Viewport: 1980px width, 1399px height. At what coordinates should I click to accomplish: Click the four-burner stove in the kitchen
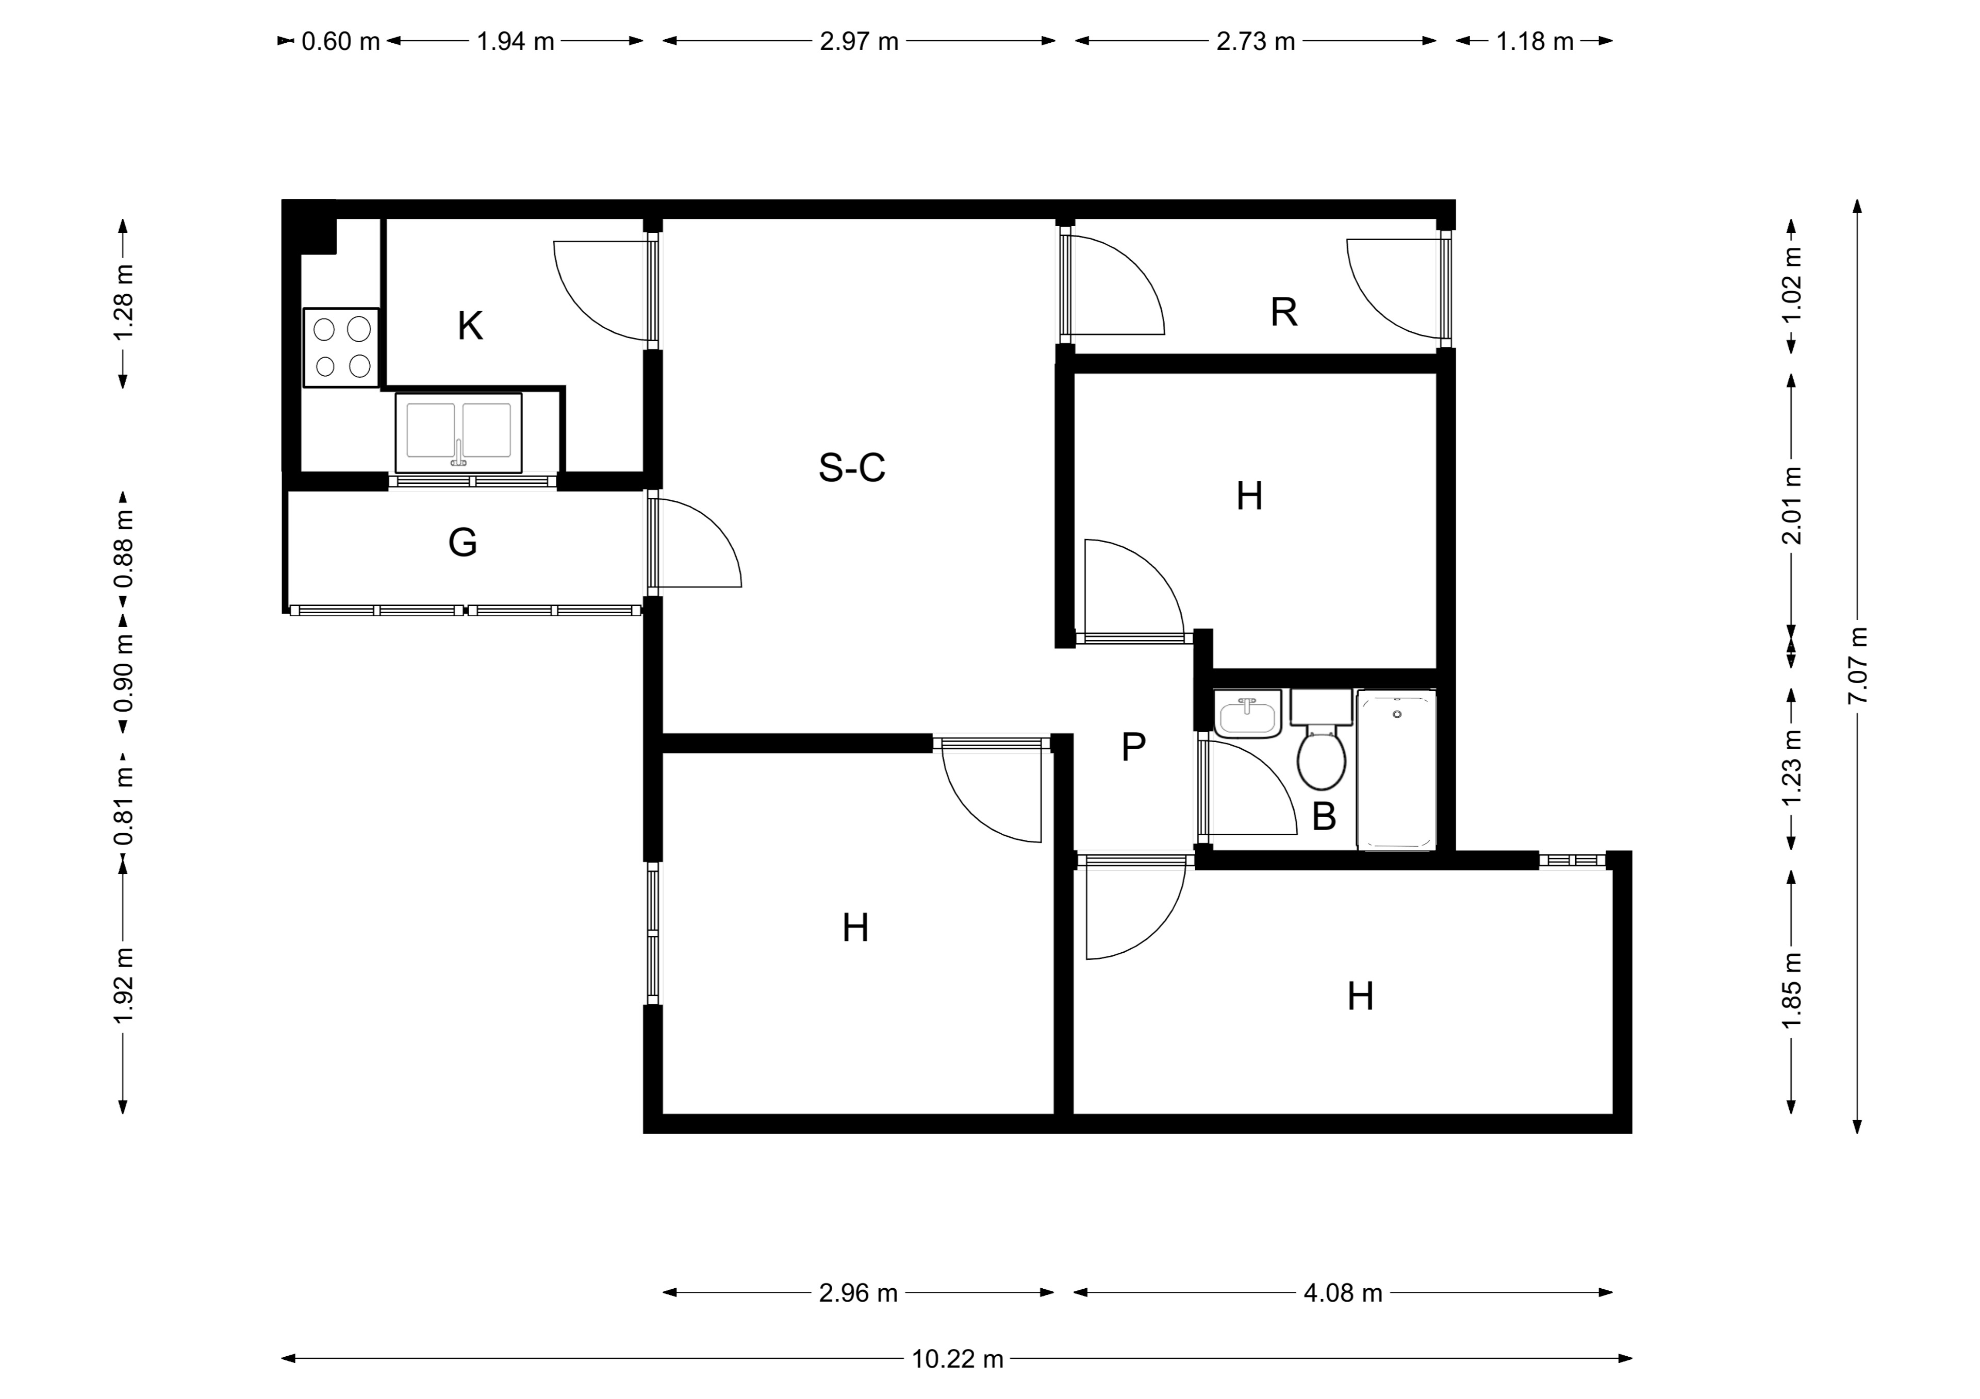(341, 347)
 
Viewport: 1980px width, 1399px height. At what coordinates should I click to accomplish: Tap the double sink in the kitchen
(459, 433)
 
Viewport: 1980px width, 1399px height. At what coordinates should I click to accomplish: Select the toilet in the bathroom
(1321, 739)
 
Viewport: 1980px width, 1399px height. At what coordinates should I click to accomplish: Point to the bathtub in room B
(1397, 770)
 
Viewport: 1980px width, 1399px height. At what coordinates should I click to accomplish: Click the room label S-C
(851, 467)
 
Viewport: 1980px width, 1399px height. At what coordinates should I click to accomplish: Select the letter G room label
(463, 542)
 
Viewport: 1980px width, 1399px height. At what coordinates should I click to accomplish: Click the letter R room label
(1284, 312)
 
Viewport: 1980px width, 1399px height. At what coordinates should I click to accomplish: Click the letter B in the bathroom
(1324, 816)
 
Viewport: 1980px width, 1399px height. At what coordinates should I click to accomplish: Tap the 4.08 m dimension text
(1343, 1293)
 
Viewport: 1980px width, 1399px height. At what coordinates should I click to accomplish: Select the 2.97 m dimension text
(859, 41)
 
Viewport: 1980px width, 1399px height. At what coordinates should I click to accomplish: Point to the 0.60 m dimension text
(341, 41)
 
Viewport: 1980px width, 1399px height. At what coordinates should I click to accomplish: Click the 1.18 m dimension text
(1535, 41)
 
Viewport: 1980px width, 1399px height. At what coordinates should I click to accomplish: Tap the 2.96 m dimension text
(858, 1293)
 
